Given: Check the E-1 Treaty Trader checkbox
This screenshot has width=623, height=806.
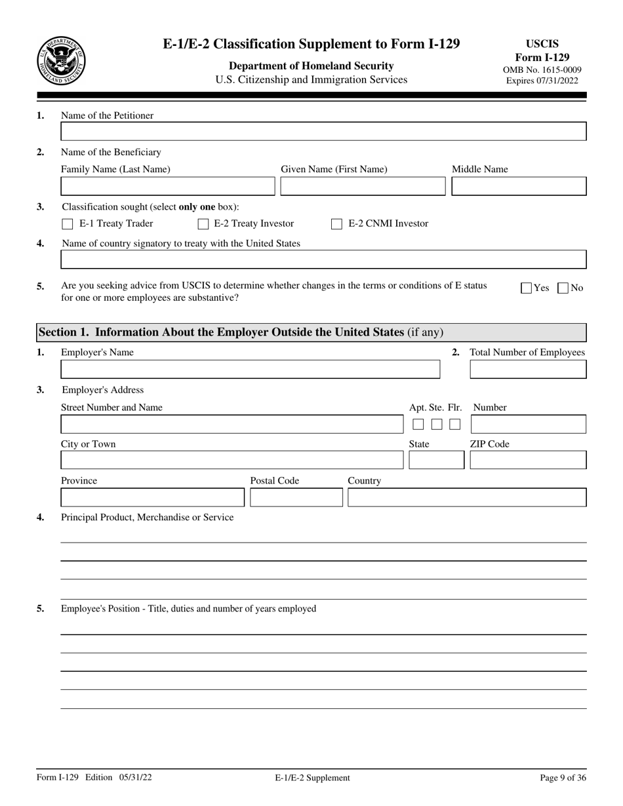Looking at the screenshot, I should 67,224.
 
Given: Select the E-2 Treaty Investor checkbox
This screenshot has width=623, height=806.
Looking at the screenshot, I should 203,224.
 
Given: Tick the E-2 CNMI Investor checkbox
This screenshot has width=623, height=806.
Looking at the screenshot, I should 336,224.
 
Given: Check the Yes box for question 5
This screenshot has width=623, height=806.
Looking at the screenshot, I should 527,288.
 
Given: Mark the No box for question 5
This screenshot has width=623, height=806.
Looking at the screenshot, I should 563,288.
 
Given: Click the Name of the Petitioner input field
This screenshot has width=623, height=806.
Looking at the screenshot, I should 323,132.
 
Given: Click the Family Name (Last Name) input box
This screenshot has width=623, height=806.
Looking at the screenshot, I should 168,187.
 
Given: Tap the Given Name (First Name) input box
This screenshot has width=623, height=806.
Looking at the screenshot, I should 363,187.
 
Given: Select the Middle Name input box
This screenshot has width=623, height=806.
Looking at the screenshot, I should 519,187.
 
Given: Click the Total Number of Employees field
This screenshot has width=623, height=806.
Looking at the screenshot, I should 528,370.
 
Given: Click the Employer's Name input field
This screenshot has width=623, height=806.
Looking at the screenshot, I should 250,370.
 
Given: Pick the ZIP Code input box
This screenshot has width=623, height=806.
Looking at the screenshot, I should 528,460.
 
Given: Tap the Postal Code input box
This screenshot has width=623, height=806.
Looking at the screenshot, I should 296,497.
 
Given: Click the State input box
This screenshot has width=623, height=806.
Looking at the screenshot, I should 436,460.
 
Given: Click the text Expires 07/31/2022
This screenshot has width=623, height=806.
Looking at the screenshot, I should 542,81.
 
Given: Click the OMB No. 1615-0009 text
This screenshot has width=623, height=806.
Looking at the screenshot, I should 542,69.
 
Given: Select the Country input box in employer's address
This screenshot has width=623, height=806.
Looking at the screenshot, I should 466,497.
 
